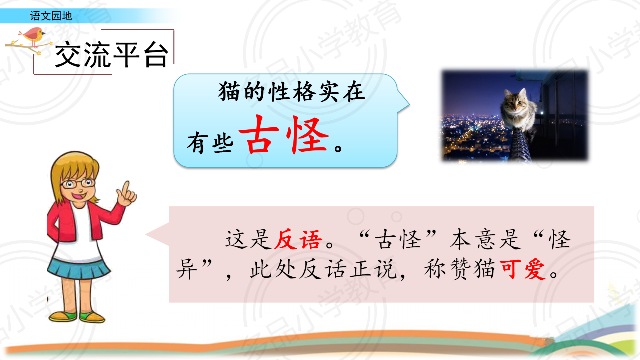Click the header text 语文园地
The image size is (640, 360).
tap(51, 16)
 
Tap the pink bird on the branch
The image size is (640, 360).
tap(33, 35)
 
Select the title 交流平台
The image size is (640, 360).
tap(111, 54)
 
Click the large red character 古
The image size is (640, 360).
tap(259, 134)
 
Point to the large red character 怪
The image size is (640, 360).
tap(308, 135)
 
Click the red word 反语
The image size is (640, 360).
tap(298, 239)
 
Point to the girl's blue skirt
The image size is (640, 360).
tap(78, 268)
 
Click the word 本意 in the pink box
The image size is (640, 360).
tap(475, 239)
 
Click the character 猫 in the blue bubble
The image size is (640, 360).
tap(229, 92)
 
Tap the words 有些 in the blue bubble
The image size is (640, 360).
tap(210, 143)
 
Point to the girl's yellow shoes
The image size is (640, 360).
tap(77, 316)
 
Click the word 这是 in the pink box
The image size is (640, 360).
tap(248, 239)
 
